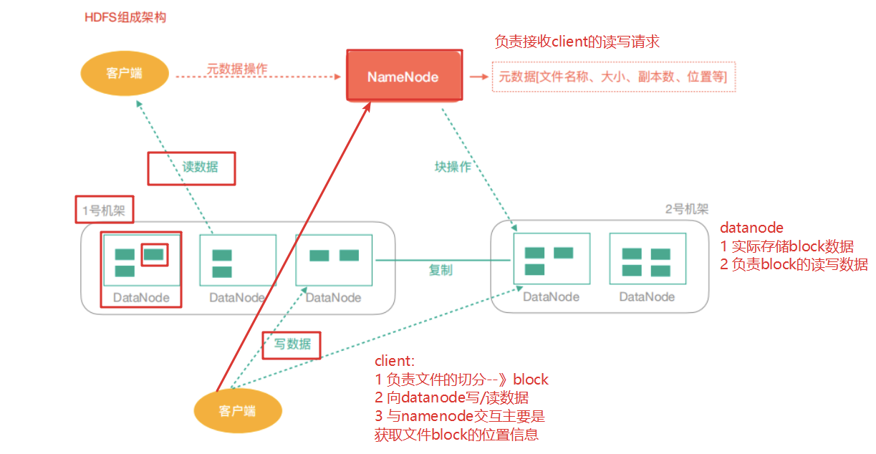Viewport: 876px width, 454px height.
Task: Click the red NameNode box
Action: coord(403,76)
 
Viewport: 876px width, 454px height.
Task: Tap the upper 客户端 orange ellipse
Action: coord(124,72)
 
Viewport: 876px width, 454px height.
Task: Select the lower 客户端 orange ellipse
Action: coord(238,410)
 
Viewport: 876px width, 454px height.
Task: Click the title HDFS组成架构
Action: coord(125,16)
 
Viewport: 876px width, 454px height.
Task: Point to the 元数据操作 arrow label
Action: coord(237,69)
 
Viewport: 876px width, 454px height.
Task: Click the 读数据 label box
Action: coord(191,168)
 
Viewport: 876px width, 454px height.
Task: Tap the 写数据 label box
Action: coord(291,344)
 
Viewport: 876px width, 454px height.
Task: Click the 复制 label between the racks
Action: coord(441,270)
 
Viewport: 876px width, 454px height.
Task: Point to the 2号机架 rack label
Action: coord(686,209)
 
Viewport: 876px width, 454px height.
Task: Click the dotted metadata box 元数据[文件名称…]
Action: coord(613,77)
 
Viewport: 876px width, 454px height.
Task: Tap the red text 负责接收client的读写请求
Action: coord(577,42)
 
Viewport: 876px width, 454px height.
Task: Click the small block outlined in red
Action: coord(154,254)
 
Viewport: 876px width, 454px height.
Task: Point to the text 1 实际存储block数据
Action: coord(786,246)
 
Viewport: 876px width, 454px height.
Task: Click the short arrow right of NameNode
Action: coord(478,76)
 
